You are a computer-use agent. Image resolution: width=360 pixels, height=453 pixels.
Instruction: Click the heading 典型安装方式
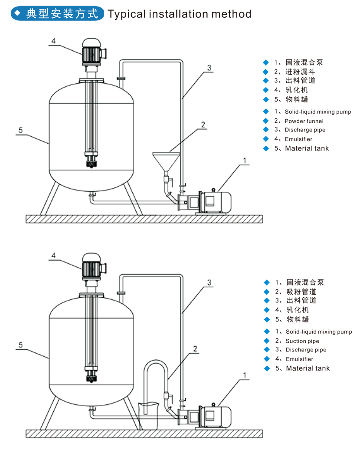62,14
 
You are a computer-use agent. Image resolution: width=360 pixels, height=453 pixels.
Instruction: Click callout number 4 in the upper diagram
53,41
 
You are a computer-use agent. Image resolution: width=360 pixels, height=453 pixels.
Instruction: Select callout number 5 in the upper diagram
20,130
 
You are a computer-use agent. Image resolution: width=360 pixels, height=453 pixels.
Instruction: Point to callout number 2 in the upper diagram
203,125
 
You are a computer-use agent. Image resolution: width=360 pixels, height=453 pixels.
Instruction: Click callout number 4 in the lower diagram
53,256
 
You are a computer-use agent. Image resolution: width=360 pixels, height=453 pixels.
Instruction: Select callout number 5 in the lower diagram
20,345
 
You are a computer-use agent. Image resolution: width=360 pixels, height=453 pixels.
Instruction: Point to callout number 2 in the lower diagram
196,348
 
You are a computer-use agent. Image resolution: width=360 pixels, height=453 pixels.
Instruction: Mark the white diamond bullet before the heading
17,13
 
